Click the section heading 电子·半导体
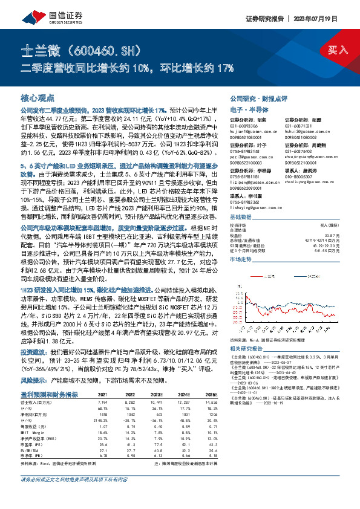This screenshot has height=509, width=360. click(x=247, y=109)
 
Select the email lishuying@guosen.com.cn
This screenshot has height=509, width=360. click(x=255, y=209)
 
